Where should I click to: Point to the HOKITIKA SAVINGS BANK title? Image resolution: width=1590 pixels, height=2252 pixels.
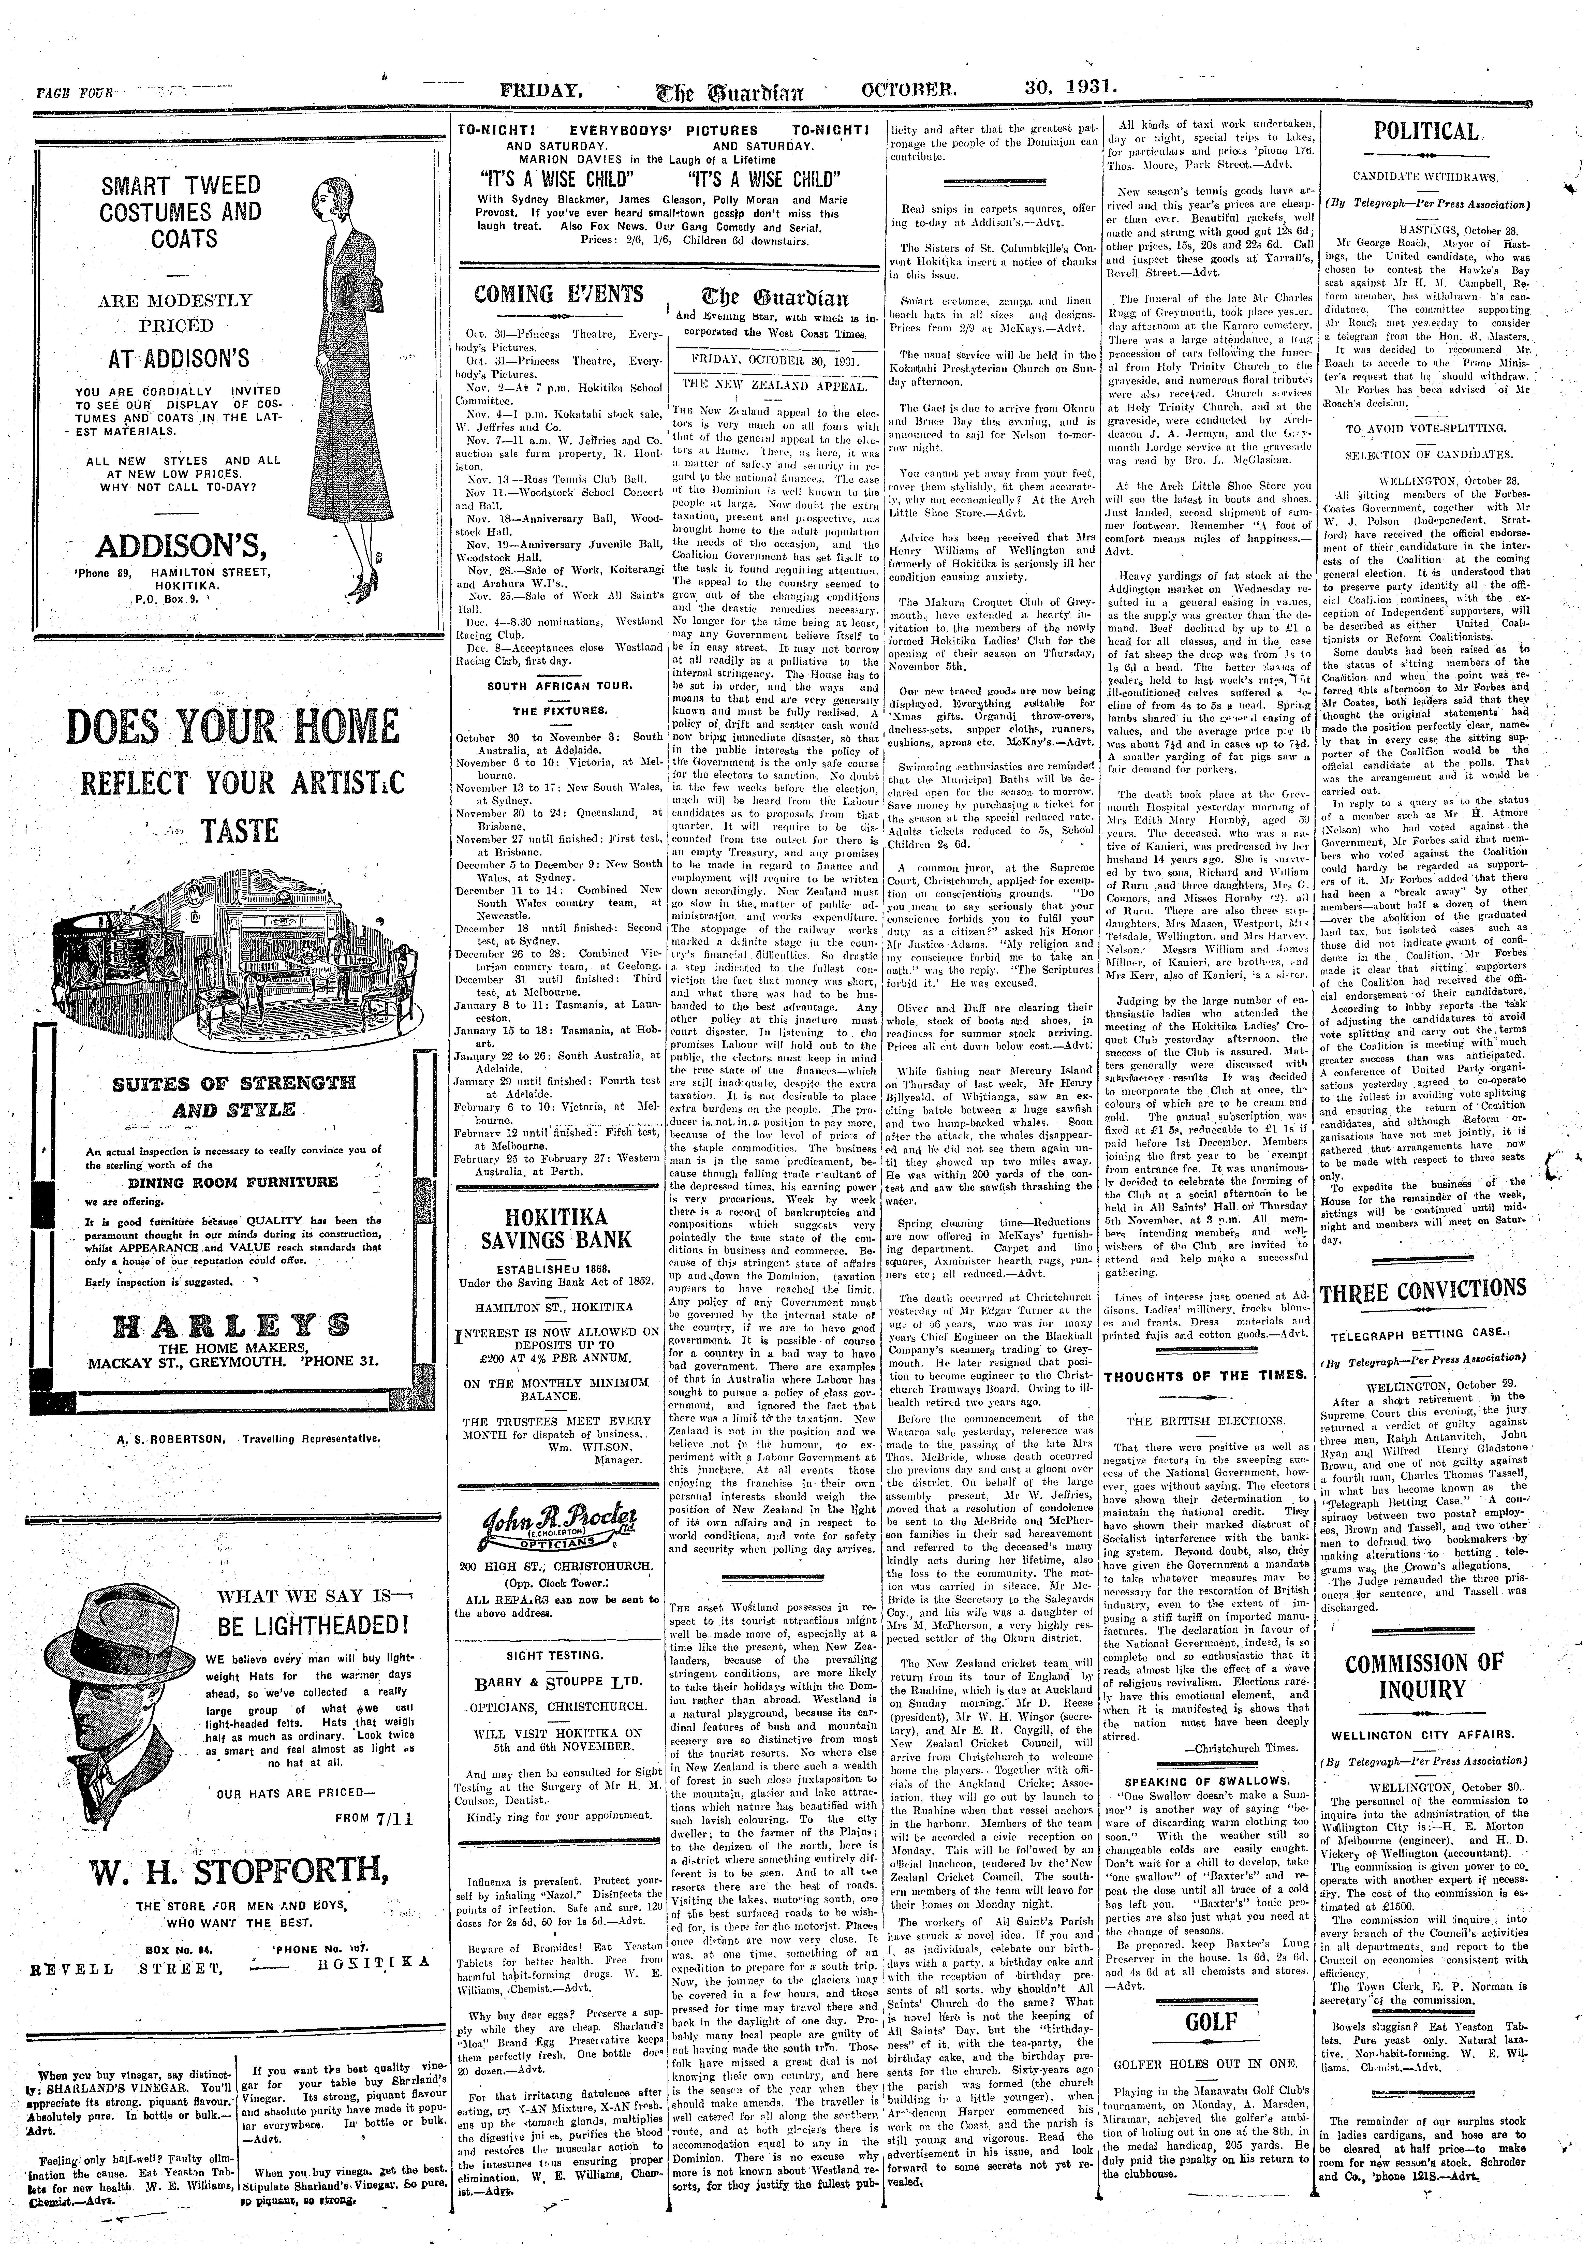coord(557,1226)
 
